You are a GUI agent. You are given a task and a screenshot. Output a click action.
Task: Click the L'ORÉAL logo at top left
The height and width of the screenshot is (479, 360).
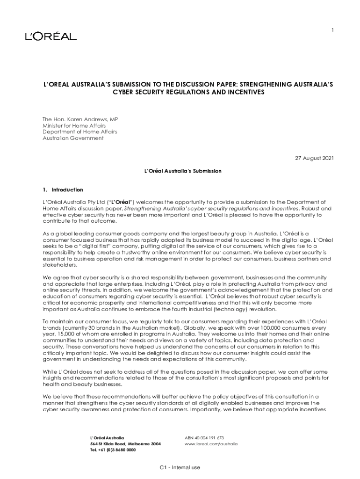pos(50,36)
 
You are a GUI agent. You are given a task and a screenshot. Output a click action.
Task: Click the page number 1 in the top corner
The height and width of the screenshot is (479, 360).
pos(332,30)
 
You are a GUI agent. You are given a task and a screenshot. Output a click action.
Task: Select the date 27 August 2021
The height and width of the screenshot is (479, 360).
pos(314,159)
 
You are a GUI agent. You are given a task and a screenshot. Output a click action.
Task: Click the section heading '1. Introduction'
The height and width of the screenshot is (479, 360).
pos(63,190)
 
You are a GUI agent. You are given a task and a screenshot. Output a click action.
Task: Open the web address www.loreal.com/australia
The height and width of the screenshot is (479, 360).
pos(211,443)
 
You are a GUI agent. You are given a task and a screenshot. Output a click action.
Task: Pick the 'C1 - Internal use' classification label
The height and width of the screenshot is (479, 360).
pos(180,467)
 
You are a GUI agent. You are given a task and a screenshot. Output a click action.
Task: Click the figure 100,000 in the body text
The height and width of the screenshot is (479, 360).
pos(252,328)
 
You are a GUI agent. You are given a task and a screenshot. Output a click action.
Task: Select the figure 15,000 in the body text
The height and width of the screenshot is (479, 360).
pos(65,334)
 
